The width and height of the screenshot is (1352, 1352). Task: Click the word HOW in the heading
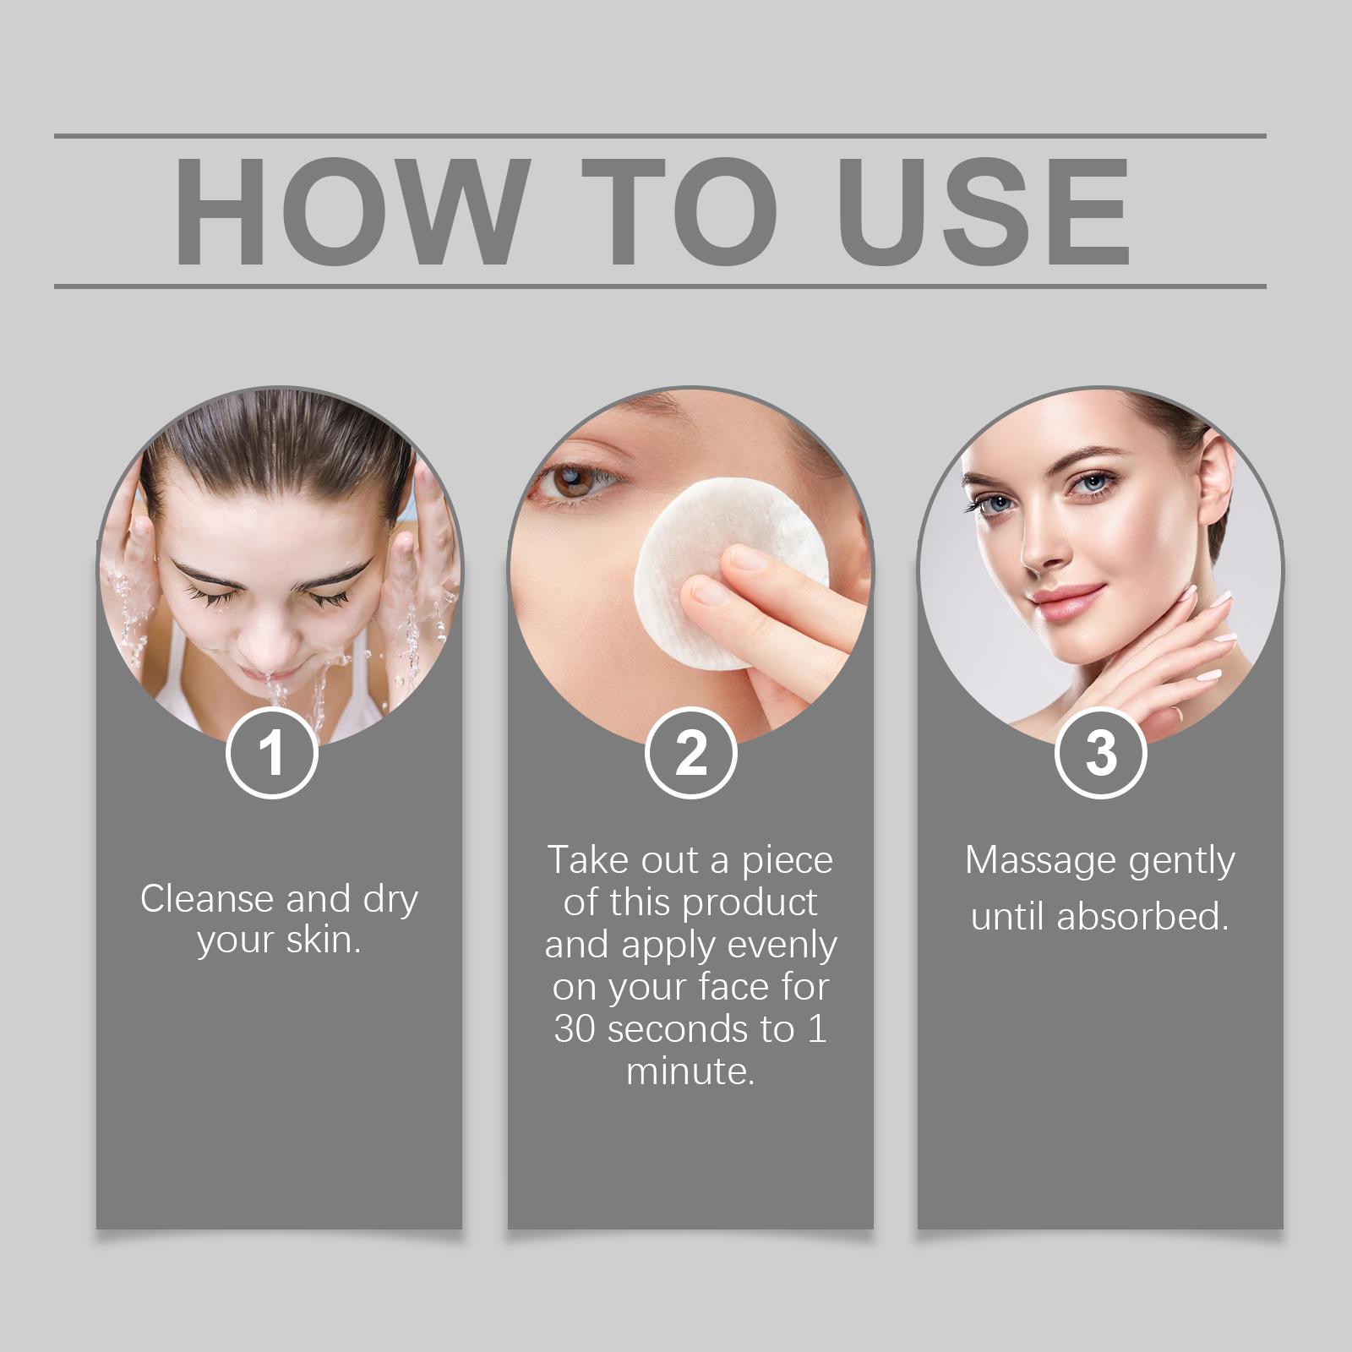click(x=348, y=211)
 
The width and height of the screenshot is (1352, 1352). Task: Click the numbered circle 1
click(x=272, y=753)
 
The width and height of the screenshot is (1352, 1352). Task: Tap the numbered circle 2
click(x=691, y=753)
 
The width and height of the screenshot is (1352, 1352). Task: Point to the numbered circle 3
click(x=1101, y=753)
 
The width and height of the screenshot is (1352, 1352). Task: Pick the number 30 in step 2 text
click(x=576, y=1029)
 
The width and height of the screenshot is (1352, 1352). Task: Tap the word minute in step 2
click(x=690, y=1071)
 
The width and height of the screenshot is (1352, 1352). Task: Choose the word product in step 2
click(x=750, y=903)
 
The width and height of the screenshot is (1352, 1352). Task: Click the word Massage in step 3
click(x=1029, y=861)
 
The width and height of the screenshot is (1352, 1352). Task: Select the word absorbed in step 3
click(x=1142, y=917)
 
